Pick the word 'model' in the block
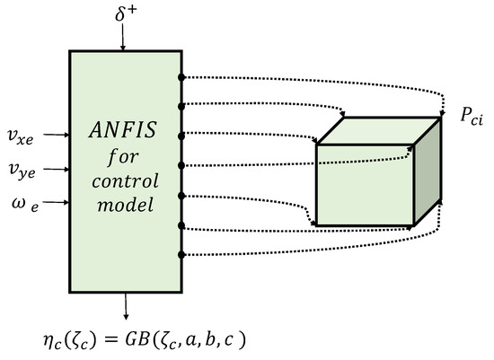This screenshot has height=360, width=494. coord(127,206)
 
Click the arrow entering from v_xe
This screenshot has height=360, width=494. coord(57,136)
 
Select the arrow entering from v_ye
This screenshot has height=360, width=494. coord(57,168)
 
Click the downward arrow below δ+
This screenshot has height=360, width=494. coord(125,40)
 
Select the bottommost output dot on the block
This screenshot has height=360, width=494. coord(181,254)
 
